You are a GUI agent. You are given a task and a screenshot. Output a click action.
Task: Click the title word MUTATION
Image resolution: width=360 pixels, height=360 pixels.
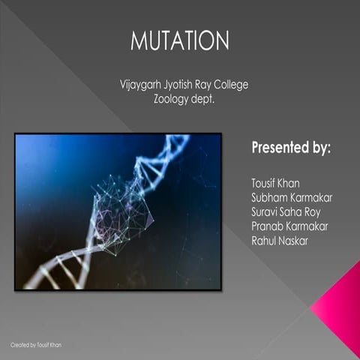180,40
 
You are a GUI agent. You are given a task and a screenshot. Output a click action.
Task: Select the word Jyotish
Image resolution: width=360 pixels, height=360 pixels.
180,84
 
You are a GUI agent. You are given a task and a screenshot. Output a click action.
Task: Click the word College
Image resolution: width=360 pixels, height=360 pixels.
229,84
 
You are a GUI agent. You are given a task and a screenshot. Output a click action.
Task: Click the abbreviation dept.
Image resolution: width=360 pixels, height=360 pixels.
203,98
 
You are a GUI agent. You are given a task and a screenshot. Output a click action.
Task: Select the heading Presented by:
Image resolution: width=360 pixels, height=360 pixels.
291,146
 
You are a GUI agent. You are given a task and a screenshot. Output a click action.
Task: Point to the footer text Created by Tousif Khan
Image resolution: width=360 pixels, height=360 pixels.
37,344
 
